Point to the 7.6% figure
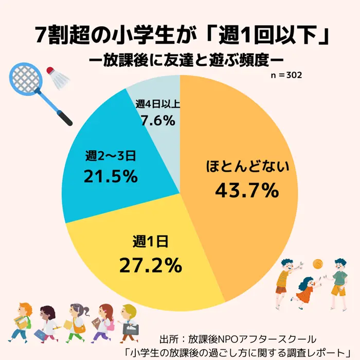[158, 121]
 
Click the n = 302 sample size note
[286, 75]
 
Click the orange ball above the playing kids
[318, 263]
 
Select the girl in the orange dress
[304, 291]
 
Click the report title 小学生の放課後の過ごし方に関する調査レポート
[237, 352]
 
